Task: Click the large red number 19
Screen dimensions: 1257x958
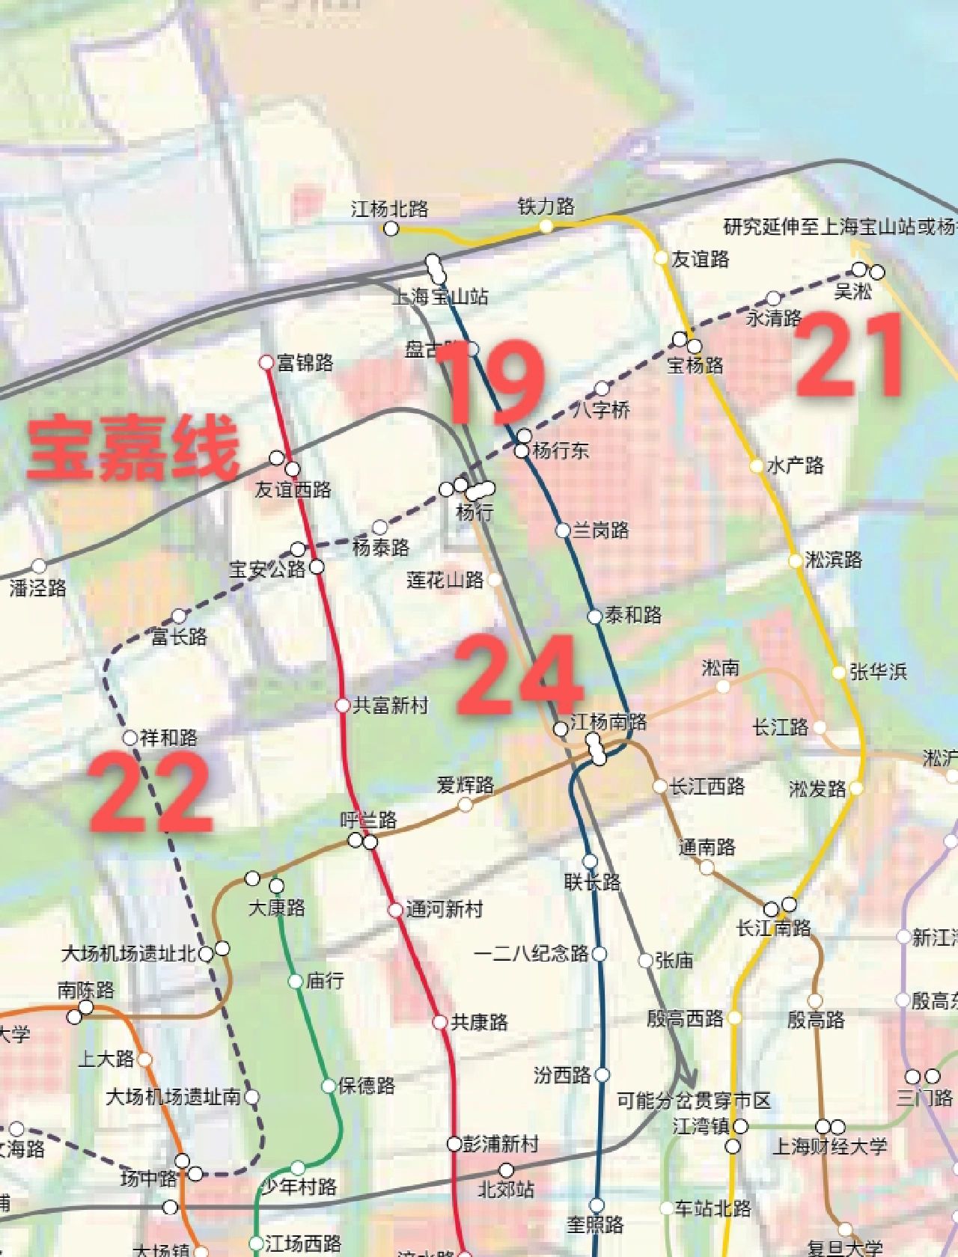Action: (490, 382)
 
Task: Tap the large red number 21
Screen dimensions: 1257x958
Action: (849, 355)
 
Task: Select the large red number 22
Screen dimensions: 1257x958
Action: (152, 793)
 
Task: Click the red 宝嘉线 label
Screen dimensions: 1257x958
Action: (133, 449)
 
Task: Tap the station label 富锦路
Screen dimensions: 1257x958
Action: (305, 364)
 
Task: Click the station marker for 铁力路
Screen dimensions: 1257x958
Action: (546, 225)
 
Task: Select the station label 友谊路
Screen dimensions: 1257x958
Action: (700, 260)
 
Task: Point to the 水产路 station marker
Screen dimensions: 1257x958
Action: (757, 466)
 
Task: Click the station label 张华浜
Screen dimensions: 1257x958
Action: (878, 672)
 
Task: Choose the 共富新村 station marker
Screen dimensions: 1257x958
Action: (342, 705)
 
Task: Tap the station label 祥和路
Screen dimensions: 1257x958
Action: (168, 738)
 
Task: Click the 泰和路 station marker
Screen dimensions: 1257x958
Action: (594, 617)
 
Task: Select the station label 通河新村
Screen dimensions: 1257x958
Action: (445, 910)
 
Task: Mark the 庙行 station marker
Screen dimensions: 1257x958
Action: (296, 981)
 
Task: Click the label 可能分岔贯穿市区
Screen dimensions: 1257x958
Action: (694, 1101)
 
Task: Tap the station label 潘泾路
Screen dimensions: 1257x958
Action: (38, 588)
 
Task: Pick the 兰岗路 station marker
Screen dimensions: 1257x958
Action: (563, 530)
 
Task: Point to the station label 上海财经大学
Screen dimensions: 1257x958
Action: (830, 1146)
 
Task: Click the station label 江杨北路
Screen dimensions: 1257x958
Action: (390, 209)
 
